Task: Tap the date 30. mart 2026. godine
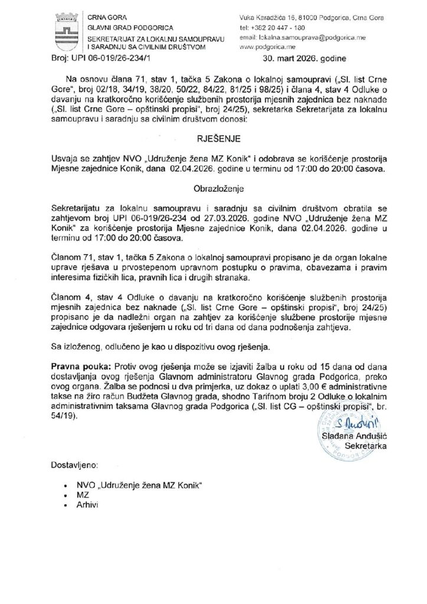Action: [308, 59]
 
